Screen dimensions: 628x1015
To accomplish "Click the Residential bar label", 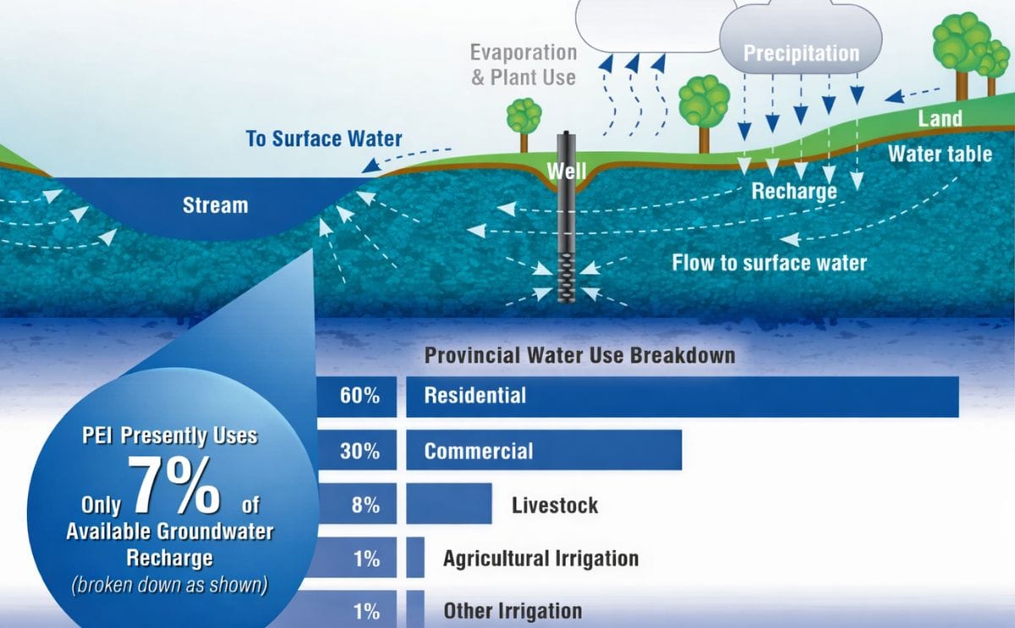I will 475,396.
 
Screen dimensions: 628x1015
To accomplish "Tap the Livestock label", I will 554,505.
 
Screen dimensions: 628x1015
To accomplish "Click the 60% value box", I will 359,396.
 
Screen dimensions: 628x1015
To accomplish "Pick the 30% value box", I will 359,451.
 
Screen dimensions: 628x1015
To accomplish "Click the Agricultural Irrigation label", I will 540,558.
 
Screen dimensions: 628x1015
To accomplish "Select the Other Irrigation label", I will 512,610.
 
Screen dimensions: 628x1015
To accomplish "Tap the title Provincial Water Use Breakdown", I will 579,355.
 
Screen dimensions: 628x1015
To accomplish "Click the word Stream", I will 215,205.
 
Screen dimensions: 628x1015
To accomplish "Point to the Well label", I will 566,172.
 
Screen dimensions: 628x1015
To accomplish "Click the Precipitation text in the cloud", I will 800,54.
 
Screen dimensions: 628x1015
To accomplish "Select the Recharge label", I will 793,191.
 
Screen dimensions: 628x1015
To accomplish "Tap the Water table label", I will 940,155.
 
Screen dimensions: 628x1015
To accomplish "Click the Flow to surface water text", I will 769,263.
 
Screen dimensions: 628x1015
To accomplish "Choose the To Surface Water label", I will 324,139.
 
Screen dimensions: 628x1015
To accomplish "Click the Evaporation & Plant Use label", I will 524,64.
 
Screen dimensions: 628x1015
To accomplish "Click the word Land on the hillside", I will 940,118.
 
